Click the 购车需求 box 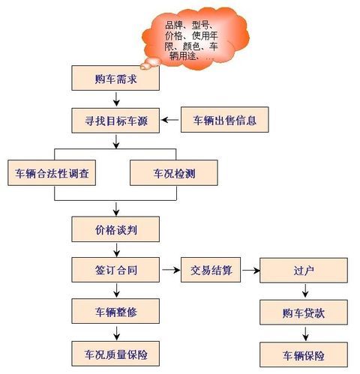click(x=115, y=78)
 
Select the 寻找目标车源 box click(x=115, y=121)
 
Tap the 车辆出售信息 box click(x=225, y=120)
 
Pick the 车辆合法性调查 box click(x=52, y=173)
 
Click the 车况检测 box click(x=174, y=173)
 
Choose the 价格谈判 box click(x=115, y=229)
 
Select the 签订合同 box click(x=115, y=270)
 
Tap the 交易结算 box click(x=211, y=270)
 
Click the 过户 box click(x=304, y=271)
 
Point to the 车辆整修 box click(x=115, y=311)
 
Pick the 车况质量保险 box click(x=115, y=354)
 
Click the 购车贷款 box click(x=304, y=313)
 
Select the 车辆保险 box click(x=304, y=355)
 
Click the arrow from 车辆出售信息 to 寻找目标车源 click(x=170, y=120)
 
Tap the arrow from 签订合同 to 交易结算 click(x=171, y=270)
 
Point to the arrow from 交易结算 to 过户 click(x=251, y=270)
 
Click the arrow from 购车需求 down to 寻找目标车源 click(x=116, y=99)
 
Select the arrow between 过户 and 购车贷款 click(x=305, y=291)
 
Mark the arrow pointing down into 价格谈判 click(x=116, y=209)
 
